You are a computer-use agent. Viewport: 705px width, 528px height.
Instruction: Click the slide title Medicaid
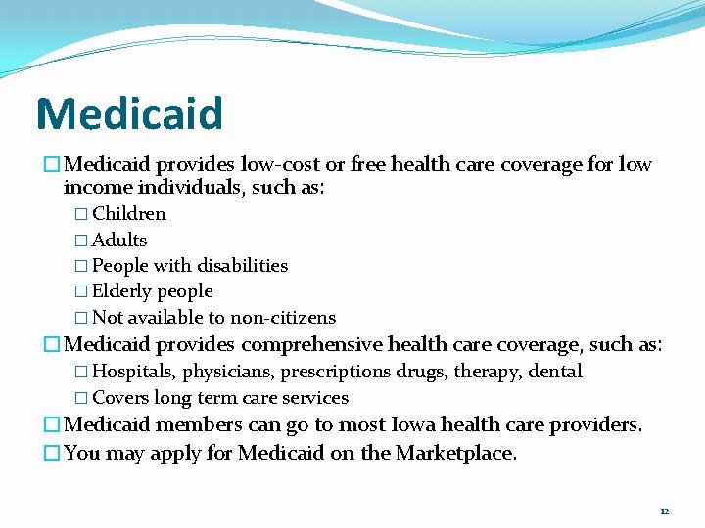point(129,113)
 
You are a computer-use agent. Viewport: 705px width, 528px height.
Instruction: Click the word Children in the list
point(129,214)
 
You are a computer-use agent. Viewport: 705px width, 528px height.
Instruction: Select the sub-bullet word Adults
point(119,240)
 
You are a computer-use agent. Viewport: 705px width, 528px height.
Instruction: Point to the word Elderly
point(122,291)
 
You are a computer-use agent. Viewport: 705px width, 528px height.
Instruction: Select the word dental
point(555,372)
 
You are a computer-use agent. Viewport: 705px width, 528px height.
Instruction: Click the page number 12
point(664,511)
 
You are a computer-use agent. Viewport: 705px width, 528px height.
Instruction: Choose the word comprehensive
point(311,345)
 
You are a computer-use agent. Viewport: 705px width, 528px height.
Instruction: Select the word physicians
point(225,372)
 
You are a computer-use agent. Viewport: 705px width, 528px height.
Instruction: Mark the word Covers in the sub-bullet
point(119,398)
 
